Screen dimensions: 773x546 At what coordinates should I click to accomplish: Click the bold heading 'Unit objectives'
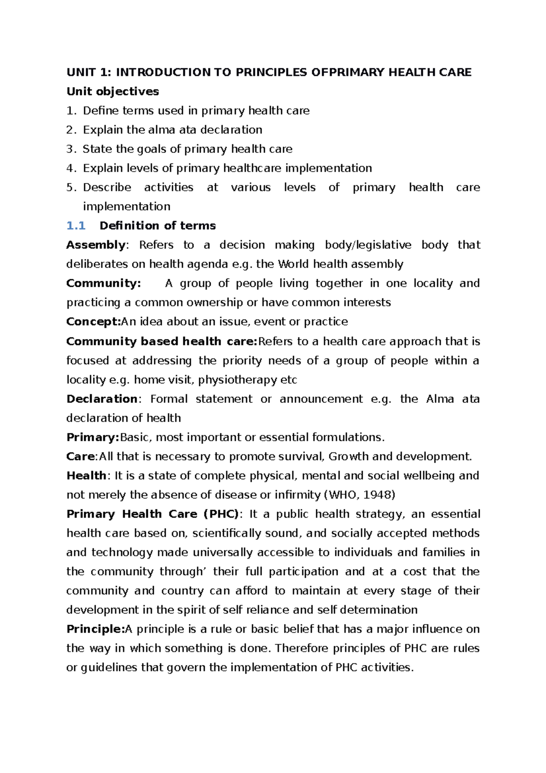coord(112,92)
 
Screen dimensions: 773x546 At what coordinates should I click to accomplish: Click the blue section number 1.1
coord(76,226)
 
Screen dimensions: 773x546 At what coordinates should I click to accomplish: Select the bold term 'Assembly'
coord(95,245)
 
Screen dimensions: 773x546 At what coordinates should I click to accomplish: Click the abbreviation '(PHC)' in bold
coord(221,514)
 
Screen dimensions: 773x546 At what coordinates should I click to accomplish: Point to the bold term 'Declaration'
coord(101,399)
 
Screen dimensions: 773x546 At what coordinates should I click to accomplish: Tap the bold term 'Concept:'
coord(93,322)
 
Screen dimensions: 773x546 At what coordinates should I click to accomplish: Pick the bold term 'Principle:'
coord(95,629)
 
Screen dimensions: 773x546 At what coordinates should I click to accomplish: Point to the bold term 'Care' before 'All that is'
coord(81,457)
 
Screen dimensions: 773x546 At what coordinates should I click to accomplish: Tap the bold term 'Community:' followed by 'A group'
coord(103,283)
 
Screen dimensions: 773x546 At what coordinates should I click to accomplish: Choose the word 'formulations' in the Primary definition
coord(347,437)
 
